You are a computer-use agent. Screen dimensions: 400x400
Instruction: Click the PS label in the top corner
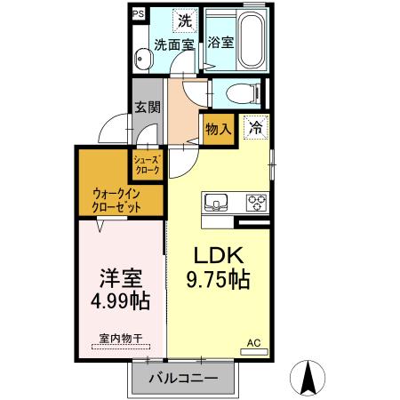(x=139, y=14)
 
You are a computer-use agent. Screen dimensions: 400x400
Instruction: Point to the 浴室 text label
(x=221, y=42)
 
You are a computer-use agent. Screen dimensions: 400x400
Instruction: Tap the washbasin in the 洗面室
(x=144, y=58)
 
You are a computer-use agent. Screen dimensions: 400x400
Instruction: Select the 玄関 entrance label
(x=148, y=108)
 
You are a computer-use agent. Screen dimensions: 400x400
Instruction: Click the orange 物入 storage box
(x=219, y=129)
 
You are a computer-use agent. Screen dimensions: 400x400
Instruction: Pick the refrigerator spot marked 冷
(x=255, y=129)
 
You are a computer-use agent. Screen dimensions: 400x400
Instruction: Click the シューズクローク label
(x=147, y=164)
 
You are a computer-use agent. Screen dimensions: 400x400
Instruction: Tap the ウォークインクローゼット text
(x=116, y=201)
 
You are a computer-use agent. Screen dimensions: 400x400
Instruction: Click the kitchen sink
(x=218, y=201)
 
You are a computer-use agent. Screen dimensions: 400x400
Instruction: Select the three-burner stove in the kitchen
(x=256, y=201)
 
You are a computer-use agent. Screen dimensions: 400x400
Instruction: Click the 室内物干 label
(x=118, y=338)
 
